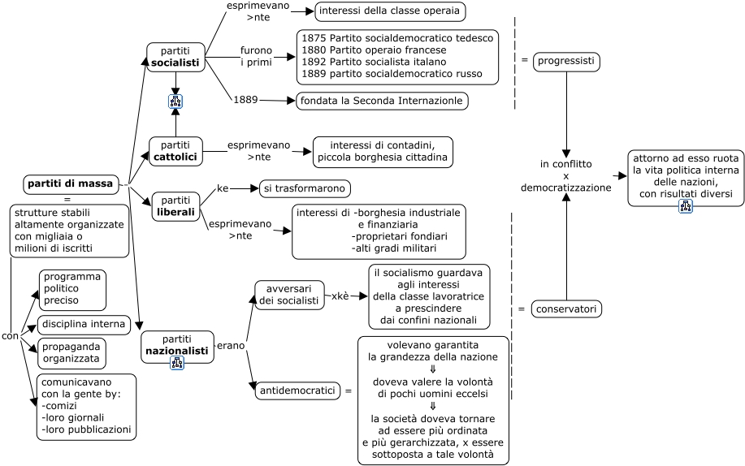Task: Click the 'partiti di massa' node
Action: click(x=71, y=183)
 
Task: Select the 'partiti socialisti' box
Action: click(x=175, y=57)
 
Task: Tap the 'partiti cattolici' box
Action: click(x=175, y=151)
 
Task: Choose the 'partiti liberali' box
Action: click(x=175, y=206)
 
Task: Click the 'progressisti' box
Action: click(x=566, y=62)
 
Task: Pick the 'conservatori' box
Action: click(x=566, y=309)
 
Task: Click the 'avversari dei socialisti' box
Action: click(x=289, y=295)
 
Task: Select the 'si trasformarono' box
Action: click(x=305, y=188)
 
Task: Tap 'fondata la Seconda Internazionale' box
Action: click(x=382, y=101)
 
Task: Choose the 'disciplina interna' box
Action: click(x=84, y=325)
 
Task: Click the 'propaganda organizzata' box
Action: click(x=71, y=352)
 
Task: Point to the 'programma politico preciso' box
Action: click(x=72, y=289)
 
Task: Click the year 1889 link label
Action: click(x=245, y=100)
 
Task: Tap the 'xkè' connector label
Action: click(x=340, y=296)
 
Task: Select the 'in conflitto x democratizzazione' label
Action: click(x=565, y=176)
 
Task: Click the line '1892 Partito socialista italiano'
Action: click(x=374, y=62)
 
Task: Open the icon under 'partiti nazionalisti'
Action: click(x=177, y=362)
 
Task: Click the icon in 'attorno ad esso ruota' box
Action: click(x=686, y=206)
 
